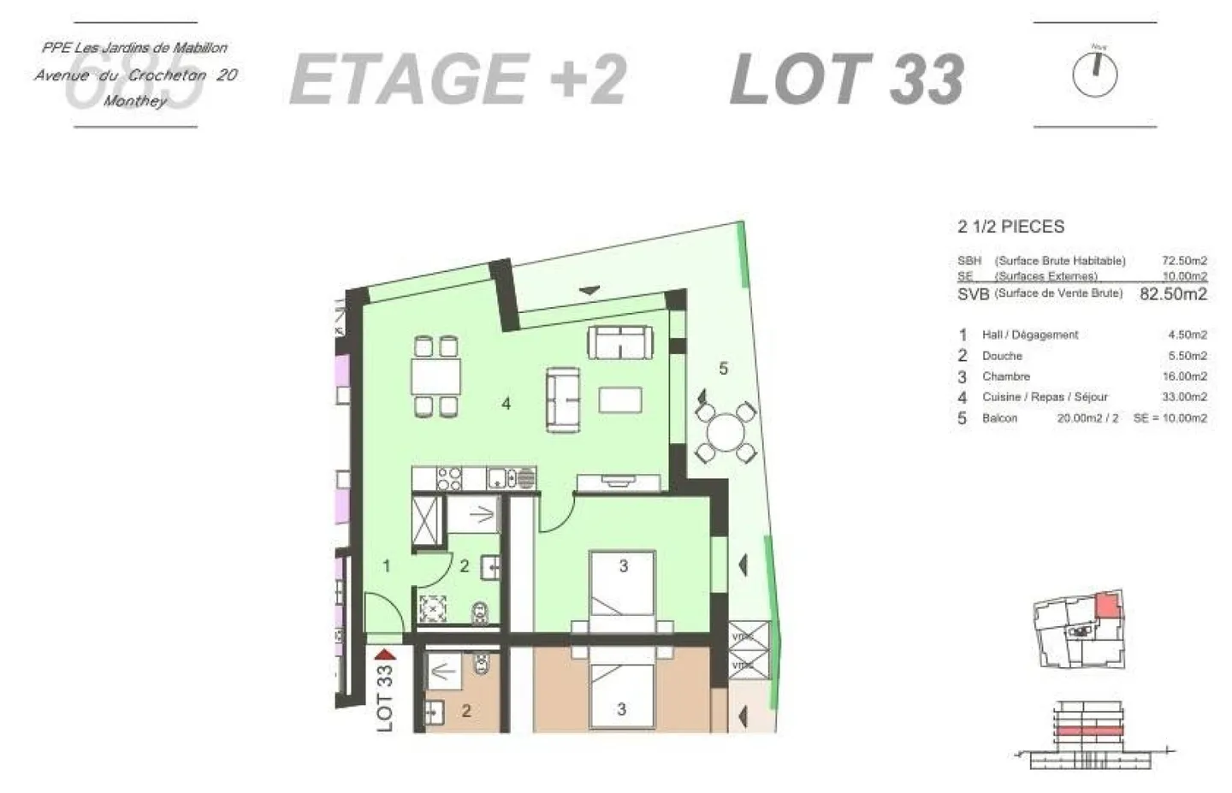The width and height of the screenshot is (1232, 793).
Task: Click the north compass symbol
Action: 1094,75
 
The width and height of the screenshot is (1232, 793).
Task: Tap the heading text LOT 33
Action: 847,79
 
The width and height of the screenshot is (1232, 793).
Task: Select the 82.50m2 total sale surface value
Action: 1173,293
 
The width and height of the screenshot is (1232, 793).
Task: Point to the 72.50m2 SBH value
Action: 1184,260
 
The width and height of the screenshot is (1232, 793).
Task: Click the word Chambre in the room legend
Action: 1005,376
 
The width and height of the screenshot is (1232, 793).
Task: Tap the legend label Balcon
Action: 999,418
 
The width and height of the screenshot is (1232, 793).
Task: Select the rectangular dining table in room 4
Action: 435,376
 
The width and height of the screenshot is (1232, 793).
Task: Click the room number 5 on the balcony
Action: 723,369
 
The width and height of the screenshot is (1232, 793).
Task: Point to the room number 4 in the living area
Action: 506,403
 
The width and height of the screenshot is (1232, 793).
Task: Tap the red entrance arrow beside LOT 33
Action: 385,655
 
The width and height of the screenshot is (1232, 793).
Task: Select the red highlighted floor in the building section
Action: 1087,731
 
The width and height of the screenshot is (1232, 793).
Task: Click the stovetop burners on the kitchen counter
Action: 449,478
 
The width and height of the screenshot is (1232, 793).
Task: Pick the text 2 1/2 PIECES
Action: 1010,227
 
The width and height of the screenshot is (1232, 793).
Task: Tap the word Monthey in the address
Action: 135,101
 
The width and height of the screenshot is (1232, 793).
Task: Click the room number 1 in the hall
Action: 387,565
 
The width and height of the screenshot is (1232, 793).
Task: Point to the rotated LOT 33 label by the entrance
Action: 385,698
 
